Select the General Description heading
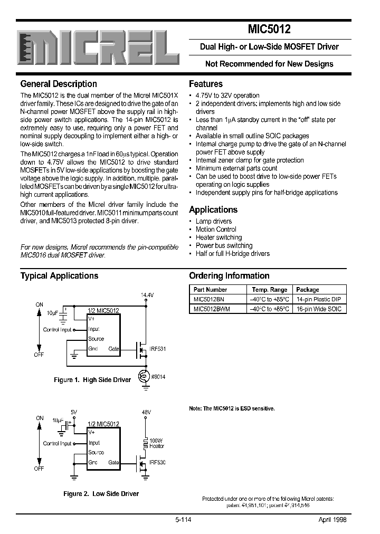tap(59, 84)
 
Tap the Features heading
tap(206, 84)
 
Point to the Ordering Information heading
tap(229, 276)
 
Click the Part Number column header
tap(210, 290)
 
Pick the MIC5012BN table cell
tap(208, 299)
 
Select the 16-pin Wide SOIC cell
tap(319, 309)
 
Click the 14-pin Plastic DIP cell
tap(318, 299)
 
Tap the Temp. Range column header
tap(269, 290)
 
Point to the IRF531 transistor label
tap(158, 349)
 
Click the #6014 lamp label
tap(158, 376)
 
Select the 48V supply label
tap(146, 412)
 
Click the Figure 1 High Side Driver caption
tap(92, 380)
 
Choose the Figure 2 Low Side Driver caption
tap(101, 494)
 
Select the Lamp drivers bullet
tap(214, 222)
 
